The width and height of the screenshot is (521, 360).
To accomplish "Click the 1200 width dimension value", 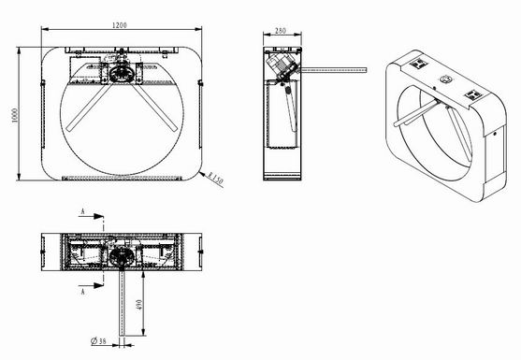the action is coord(120,25).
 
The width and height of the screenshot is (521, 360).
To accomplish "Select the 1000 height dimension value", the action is coord(15,115).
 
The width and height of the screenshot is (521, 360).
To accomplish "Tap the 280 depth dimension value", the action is coord(281,31).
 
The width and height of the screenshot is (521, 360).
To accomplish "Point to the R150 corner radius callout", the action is coord(215,179).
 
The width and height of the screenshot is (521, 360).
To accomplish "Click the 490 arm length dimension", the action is coord(139,305).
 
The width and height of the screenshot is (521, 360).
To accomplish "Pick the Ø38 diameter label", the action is coord(98,340).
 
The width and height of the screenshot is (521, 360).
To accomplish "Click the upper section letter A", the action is coord(83,211).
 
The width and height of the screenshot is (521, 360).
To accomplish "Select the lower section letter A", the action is coord(83,291).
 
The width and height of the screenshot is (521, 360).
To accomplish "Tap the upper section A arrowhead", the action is coord(98,217).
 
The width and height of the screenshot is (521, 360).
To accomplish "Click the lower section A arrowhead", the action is coord(98,285).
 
